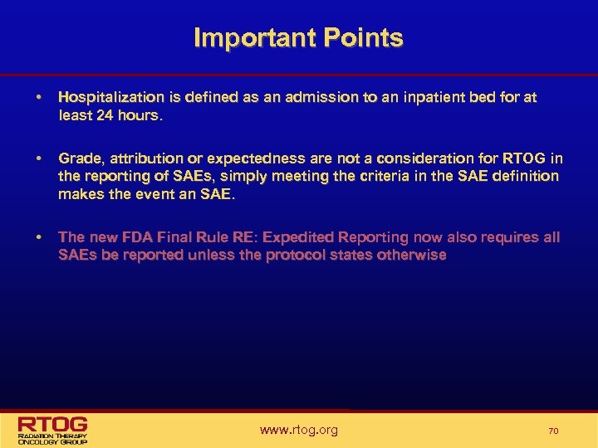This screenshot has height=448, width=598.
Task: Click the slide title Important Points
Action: coord(298,38)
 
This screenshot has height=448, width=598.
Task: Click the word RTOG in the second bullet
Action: coord(526,158)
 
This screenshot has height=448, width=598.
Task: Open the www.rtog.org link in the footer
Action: coord(299,430)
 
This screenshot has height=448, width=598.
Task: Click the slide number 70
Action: coord(553,431)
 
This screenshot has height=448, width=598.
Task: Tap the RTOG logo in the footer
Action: coord(53,429)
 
